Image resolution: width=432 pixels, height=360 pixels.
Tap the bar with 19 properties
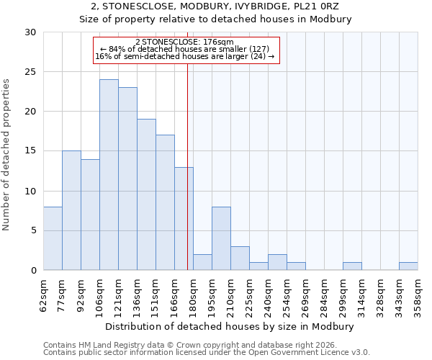click(x=146, y=194)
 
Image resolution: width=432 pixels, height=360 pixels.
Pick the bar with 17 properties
click(x=165, y=202)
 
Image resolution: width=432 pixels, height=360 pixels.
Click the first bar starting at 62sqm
click(x=53, y=238)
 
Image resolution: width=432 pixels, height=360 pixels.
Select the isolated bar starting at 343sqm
click(x=408, y=266)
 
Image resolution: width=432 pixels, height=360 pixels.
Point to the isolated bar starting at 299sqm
click(x=352, y=266)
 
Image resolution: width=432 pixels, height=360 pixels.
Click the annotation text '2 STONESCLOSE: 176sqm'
click(x=184, y=42)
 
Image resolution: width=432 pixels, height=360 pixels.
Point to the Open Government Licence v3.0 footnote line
click(x=207, y=353)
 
